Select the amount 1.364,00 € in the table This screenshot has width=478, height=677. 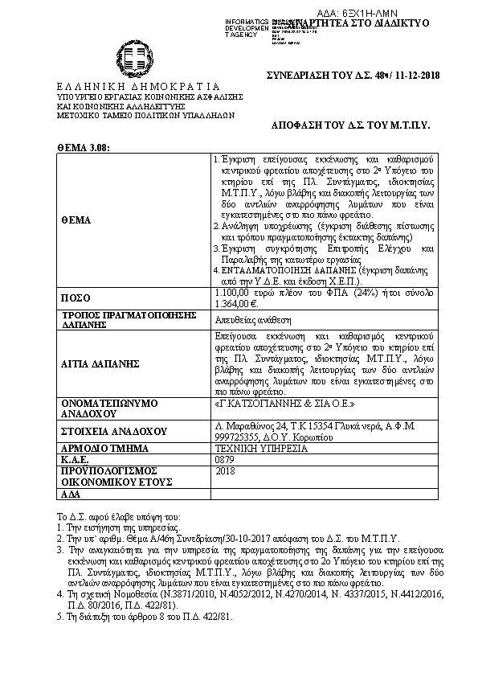[235, 303]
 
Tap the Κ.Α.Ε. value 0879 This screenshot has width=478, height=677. [225, 459]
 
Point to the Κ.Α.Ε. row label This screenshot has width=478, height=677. [74, 459]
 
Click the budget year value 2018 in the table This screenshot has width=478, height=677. [226, 470]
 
